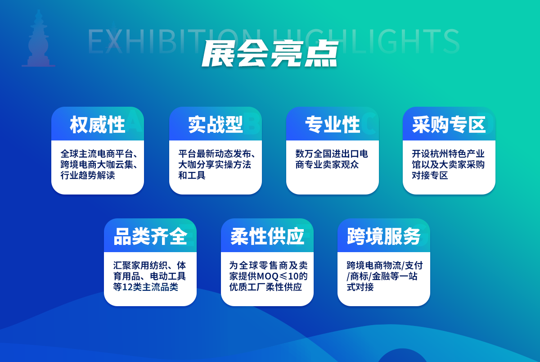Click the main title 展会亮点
[x=270, y=54]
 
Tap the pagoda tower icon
[x=39, y=38]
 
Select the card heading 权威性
[x=97, y=124]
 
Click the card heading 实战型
[x=215, y=124]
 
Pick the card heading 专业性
[x=333, y=124]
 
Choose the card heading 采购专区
[x=449, y=124]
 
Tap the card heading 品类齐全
[x=150, y=236]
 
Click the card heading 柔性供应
[x=267, y=236]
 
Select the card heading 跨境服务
[x=384, y=236]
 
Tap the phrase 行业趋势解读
[x=88, y=175]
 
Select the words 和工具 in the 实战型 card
[x=192, y=175]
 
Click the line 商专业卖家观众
[x=327, y=165]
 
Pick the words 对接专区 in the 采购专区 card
[x=430, y=175]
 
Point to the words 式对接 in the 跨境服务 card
[x=360, y=287]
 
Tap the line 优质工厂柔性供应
[x=265, y=287]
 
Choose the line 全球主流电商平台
[x=97, y=154]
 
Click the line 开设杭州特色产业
[x=448, y=154]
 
